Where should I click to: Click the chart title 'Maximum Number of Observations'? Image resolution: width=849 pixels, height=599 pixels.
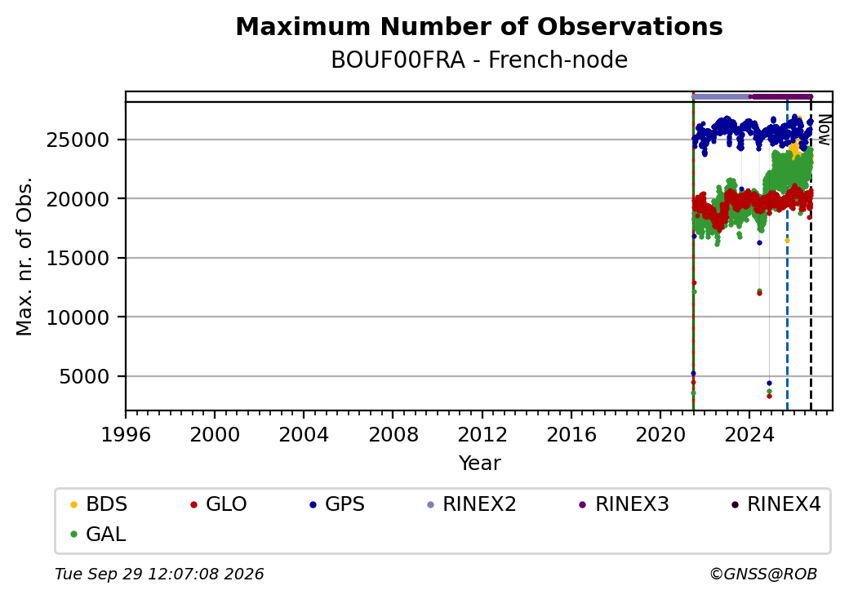point(479,26)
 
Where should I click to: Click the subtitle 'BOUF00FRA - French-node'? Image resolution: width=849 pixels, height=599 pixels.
point(479,60)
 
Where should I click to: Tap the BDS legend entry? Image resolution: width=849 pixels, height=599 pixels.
point(99,504)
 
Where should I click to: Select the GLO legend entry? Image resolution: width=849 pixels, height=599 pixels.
point(219,504)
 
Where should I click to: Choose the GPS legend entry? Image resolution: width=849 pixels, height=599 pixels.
point(337,504)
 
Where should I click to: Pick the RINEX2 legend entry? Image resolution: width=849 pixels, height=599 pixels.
point(472,504)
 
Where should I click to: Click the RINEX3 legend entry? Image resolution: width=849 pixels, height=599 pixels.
point(625,504)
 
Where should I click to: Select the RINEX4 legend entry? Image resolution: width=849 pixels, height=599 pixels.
point(776,504)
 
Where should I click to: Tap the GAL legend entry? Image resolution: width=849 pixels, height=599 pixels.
point(99,534)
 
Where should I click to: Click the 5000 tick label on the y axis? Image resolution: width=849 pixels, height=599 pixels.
point(84,376)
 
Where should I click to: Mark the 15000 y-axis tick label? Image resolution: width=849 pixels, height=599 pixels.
point(78,258)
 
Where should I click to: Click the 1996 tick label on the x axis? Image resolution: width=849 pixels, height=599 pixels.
point(126,434)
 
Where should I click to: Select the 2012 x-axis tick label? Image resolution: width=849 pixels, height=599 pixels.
point(482,434)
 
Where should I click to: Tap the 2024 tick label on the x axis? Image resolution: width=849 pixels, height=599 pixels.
point(749,434)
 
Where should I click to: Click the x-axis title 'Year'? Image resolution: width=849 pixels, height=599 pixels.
point(480,464)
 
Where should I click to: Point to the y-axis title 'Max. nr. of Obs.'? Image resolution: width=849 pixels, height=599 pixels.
point(24,256)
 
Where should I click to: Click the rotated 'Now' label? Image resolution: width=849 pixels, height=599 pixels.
point(824,130)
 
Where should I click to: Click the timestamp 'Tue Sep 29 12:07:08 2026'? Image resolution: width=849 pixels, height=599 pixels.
point(159,574)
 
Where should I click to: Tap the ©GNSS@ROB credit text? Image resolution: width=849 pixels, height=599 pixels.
point(763,574)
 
